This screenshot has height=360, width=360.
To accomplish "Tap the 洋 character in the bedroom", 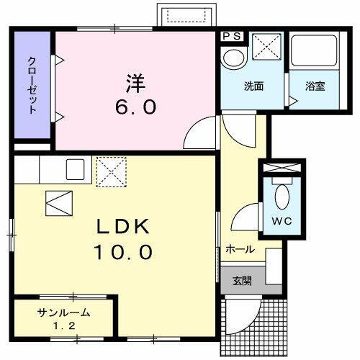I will tap(136, 81).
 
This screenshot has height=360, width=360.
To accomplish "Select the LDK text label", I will tap(123, 227).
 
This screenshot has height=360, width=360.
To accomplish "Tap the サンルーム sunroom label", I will tap(64, 312).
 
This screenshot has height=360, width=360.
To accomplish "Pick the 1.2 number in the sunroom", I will tap(64, 325).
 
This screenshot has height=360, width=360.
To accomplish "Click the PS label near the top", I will tap(233, 35).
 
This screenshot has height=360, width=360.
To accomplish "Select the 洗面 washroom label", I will tap(253, 86).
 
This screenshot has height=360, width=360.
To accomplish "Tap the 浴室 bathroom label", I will tap(315, 86).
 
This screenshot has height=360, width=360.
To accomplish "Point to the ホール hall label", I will tap(239, 250).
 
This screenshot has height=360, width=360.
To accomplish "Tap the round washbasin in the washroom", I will tap(233, 57).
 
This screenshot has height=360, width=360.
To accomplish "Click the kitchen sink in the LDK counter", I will tap(76, 170).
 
